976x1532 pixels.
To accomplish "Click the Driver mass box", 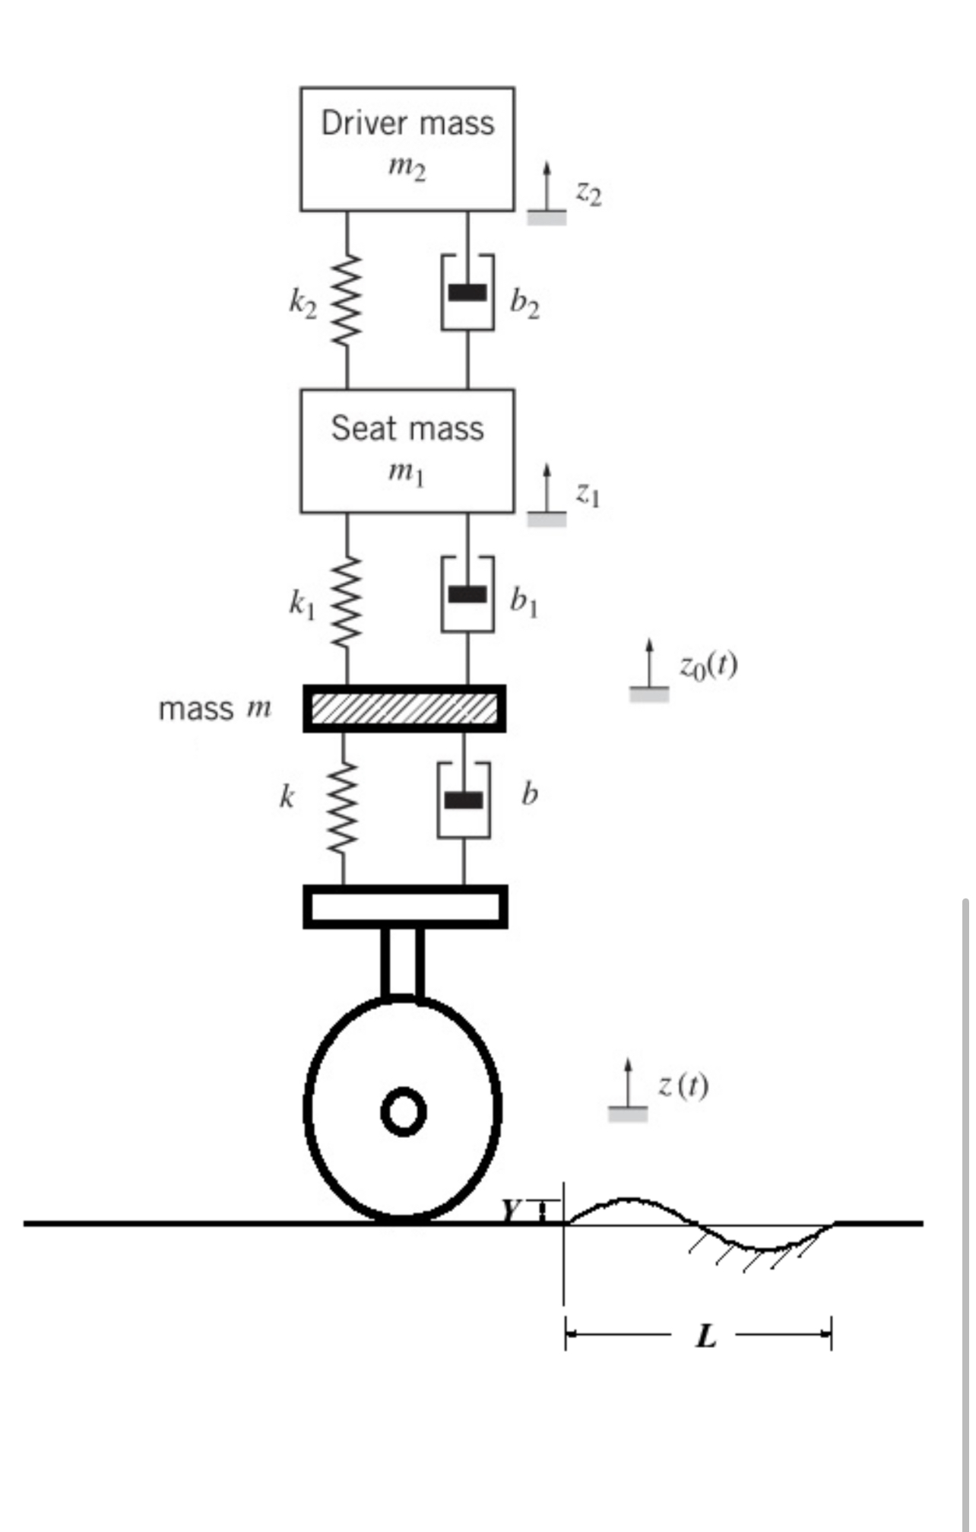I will (407, 148).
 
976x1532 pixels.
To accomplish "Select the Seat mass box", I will (407, 451).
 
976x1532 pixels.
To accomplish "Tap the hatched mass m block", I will (404, 708).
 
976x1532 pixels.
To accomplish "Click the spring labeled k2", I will (347, 300).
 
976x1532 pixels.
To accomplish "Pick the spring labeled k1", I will (347, 601).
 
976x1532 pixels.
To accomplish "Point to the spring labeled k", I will (343, 808).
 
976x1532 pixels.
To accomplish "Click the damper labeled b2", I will (467, 293).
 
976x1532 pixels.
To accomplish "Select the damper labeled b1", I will (467, 594).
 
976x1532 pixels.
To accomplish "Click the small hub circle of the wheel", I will (403, 1112).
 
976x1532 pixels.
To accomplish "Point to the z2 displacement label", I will (588, 194).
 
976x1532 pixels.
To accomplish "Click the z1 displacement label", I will (588, 495).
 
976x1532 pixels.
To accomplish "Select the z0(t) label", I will (708, 666).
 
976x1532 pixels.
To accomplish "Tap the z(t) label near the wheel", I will (683, 1085).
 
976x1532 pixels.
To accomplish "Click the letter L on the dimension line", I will (706, 1336).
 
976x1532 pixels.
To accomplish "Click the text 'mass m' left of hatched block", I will (214, 709).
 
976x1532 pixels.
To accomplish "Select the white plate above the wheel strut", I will (405, 907).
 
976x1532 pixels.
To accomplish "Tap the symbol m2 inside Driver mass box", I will (407, 169).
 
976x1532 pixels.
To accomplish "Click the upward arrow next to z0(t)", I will (649, 663).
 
